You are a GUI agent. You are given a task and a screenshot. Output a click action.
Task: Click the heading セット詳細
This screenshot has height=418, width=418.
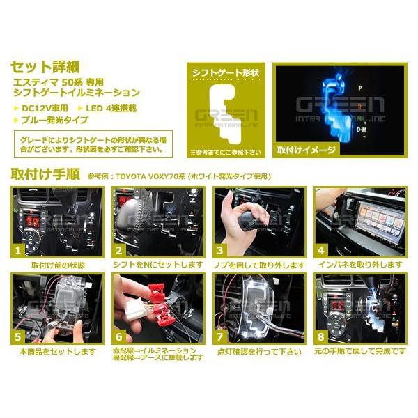(x=45, y=68)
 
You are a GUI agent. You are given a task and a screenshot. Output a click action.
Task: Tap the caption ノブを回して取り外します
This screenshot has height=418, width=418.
(x=258, y=265)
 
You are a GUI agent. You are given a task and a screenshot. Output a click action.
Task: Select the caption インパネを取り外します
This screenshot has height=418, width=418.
(x=359, y=265)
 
